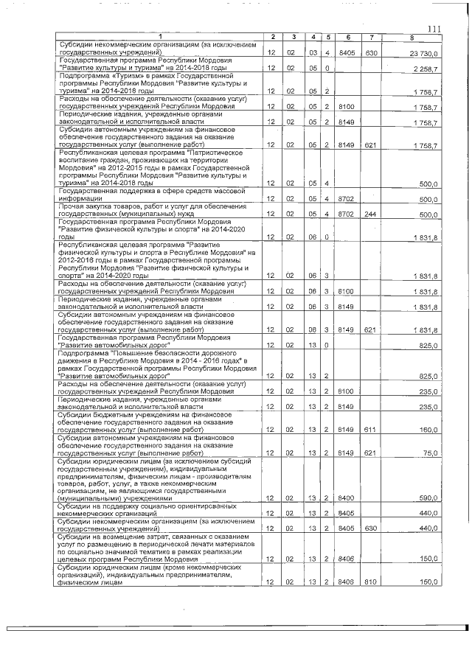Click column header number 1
160,37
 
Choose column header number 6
347,37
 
